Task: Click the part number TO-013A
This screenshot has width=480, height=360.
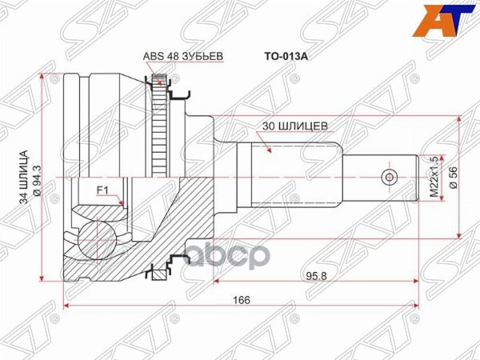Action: pos(284,58)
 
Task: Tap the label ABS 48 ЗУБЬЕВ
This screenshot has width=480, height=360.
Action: pos(182,56)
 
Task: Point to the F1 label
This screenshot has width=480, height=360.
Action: pos(102,190)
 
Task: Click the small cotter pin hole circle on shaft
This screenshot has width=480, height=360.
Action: pos(390,177)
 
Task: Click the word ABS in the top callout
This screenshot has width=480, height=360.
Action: pos(152,56)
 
